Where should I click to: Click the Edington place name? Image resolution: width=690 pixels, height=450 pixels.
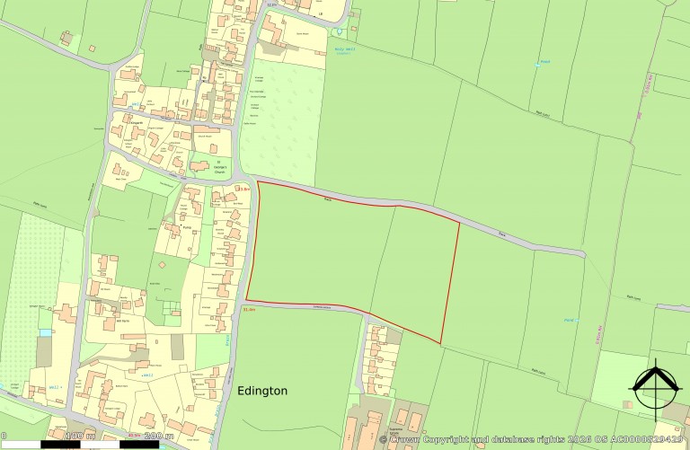(x=262, y=392)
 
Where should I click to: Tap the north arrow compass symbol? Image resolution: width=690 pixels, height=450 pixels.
(x=656, y=386)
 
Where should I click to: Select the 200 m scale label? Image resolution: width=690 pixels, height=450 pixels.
(x=158, y=437)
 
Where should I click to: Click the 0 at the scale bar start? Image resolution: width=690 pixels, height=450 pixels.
(x=4, y=437)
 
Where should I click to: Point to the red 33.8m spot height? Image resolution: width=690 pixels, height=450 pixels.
(x=242, y=189)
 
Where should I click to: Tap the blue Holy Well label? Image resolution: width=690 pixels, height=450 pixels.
(x=341, y=51)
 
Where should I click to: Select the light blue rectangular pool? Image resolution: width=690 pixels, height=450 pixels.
(x=46, y=333)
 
